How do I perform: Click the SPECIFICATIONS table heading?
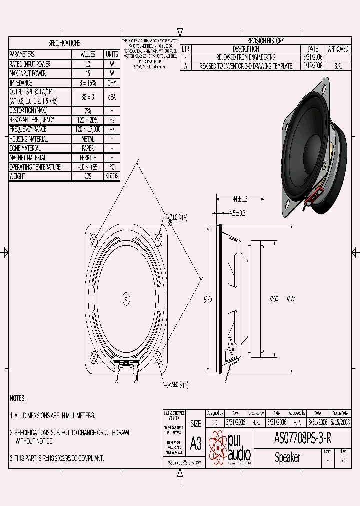64,43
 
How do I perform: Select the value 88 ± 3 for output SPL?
88,97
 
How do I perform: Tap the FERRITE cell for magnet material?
88,158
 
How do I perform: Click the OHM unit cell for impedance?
112,83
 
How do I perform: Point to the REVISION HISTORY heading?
265,41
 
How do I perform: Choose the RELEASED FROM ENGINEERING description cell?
246,57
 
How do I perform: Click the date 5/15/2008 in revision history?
313,66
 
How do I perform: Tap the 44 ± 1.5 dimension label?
240,199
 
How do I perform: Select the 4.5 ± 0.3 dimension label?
237,213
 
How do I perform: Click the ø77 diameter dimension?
291,299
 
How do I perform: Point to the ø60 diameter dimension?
274,299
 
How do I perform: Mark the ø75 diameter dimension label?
208,299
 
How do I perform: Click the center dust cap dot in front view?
126,299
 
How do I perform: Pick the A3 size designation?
195,443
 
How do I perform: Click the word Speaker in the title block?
287,457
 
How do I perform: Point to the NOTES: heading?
17,398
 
